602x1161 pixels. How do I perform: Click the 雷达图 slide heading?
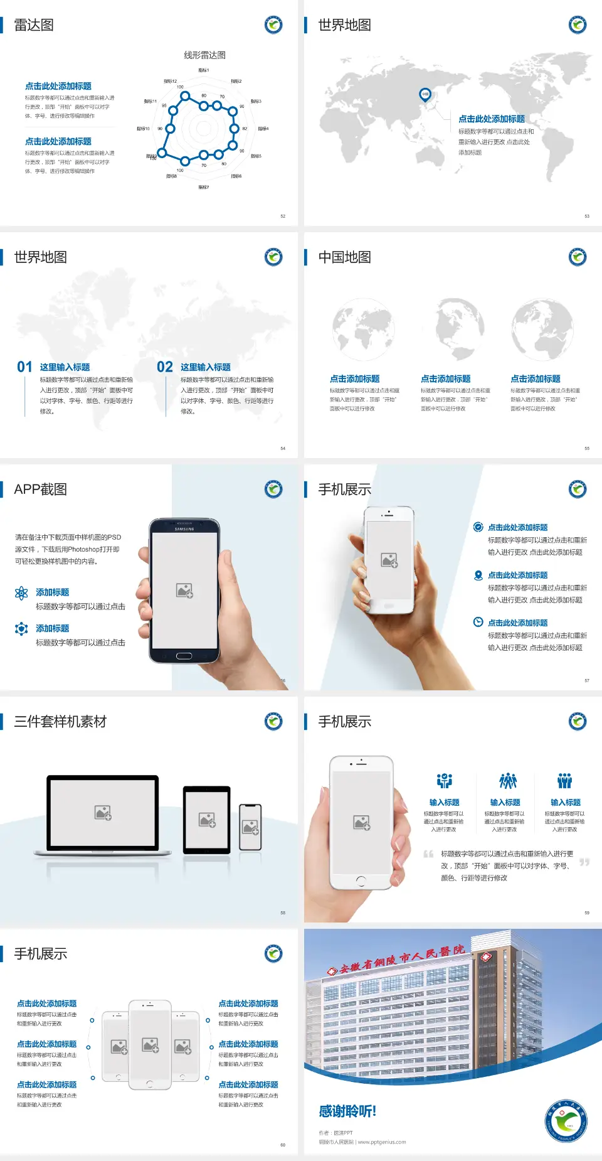34,25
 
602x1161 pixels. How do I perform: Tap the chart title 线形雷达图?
204,55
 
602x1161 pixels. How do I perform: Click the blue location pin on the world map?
425,94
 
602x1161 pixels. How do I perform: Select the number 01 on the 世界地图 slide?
24,367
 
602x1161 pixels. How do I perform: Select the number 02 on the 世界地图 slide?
165,367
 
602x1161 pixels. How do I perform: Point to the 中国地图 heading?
344,257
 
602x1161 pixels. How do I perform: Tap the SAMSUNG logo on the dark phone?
184,529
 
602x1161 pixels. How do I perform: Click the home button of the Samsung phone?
184,656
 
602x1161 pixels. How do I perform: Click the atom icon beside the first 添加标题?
21,593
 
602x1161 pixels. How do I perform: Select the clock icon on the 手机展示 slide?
478,622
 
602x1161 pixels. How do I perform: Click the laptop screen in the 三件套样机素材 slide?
103,813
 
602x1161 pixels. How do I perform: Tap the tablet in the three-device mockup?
207,819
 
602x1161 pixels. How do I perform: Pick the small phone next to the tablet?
250,827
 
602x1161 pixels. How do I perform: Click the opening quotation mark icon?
428,854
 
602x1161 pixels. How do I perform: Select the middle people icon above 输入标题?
507,781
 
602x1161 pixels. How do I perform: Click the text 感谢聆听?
347,1111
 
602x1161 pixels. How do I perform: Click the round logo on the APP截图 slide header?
273,490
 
